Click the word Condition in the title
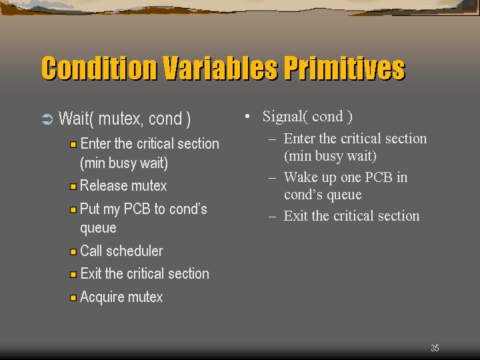[x=99, y=68]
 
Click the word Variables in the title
[x=220, y=68]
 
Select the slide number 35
[x=435, y=348]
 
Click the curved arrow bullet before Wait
[x=47, y=119]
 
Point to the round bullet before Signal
[x=247, y=117]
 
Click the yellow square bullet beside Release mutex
[x=73, y=187]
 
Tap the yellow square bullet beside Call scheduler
[x=73, y=251]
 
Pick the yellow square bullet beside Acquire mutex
[x=73, y=297]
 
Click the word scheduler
[x=135, y=251]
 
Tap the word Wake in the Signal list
[x=301, y=177]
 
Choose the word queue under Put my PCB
[x=98, y=229]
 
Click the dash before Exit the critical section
[x=272, y=217]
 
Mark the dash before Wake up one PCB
[x=272, y=178]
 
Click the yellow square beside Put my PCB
[x=73, y=210]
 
